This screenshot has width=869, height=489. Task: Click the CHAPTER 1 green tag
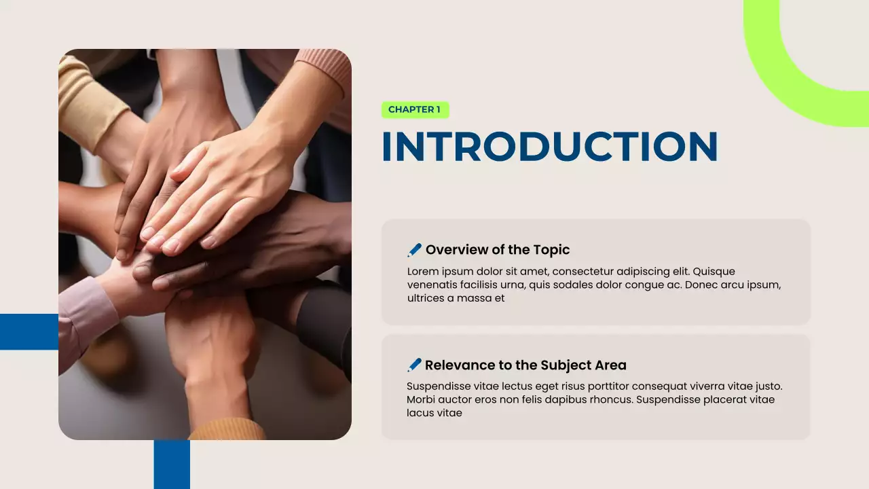415,109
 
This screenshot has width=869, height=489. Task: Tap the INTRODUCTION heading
549,146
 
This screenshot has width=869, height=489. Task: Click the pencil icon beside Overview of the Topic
414,250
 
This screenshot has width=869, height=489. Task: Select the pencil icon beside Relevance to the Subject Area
414,365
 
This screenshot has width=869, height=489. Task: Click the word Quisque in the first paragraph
714,272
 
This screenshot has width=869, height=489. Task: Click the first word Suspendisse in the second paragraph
439,386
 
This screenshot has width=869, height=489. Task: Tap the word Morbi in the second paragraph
422,400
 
